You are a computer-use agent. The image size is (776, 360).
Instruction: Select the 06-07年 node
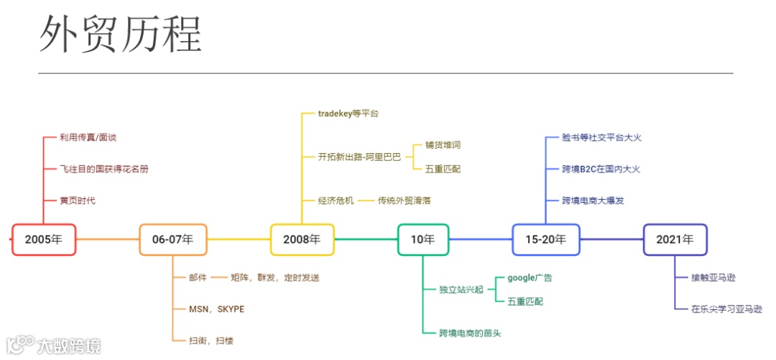coord(172,239)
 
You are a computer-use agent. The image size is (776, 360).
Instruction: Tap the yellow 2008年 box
coord(302,239)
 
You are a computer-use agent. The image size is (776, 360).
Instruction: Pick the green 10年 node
coord(423,239)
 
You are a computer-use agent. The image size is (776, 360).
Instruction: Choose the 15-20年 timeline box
coord(545,239)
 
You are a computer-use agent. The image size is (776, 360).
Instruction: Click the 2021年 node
coord(675,239)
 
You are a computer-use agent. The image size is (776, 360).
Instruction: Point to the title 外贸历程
coord(120,34)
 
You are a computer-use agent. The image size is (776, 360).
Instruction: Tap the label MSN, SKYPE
coord(216,309)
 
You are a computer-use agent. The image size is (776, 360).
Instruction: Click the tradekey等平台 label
coord(348,114)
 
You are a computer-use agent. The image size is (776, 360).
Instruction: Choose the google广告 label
coord(530,277)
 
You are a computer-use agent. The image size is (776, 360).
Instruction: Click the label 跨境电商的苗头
coord(470,333)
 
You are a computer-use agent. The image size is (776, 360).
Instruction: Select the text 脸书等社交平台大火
coord(601,137)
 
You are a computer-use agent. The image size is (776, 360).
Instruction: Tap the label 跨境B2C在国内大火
coord(601,169)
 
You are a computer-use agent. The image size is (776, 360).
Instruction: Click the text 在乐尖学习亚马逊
coord(726,309)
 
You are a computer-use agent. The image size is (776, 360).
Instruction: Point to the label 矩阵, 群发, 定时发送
coord(274,277)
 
